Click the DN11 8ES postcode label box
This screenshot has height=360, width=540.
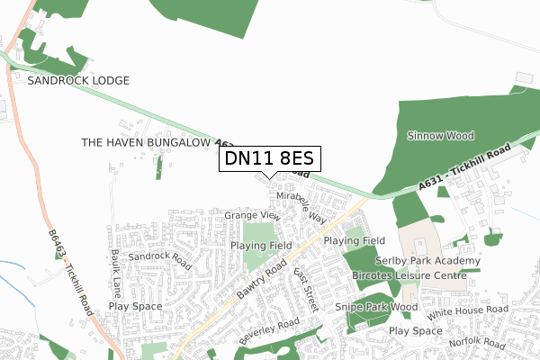269,159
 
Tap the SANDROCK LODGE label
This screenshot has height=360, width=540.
78,80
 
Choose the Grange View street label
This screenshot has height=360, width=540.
252,216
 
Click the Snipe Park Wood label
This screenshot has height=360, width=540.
377,307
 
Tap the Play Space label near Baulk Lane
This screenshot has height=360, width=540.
136,306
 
